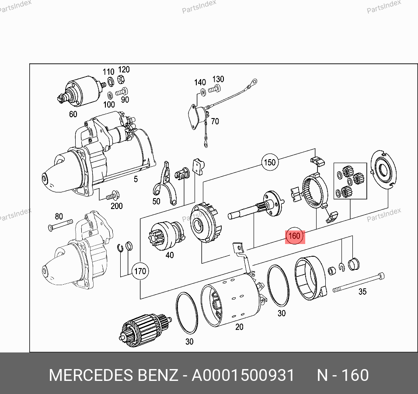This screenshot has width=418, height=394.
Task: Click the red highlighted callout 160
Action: click(295, 236)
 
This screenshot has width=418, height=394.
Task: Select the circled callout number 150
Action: click(270, 162)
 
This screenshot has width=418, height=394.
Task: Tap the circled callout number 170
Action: click(140, 271)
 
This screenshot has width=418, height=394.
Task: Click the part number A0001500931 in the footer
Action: click(243, 375)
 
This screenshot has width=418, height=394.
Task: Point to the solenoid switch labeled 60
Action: click(81, 91)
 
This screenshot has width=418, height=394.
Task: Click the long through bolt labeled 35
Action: click(359, 282)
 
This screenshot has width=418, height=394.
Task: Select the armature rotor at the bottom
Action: click(144, 330)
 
